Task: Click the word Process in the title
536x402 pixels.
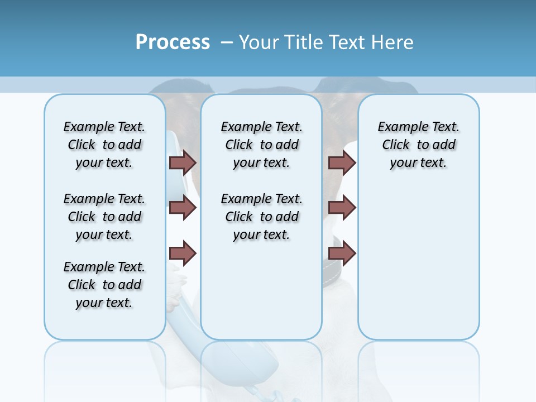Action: (x=173, y=42)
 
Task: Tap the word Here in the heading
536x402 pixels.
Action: (x=392, y=42)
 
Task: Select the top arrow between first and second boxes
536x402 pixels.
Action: (x=183, y=162)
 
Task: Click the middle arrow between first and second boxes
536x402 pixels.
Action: (x=183, y=208)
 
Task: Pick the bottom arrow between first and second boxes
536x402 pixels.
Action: (x=183, y=253)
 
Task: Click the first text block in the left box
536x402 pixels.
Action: (x=104, y=145)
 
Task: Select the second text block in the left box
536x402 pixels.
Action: (x=104, y=217)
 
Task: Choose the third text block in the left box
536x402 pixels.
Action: (x=104, y=285)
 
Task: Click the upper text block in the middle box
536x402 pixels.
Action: (x=262, y=145)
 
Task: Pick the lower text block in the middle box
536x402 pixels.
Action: (x=262, y=217)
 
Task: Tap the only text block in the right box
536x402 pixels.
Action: (x=419, y=145)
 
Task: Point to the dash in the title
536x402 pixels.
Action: (x=227, y=42)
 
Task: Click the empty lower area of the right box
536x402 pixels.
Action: (x=419, y=268)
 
